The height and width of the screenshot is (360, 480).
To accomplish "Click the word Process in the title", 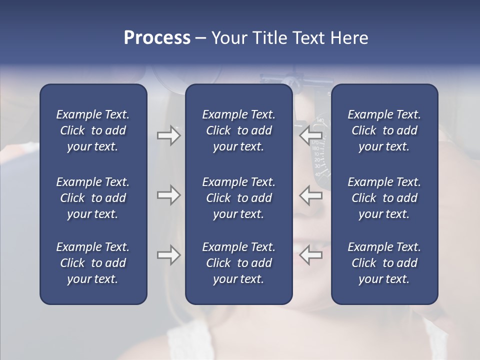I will (157, 38).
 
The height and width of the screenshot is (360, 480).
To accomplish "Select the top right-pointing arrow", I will (168, 135).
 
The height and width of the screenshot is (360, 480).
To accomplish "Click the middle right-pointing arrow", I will (168, 195).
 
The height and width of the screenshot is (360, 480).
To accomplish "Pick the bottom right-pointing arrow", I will (168, 255).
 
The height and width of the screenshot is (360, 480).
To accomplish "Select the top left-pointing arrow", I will (311, 135).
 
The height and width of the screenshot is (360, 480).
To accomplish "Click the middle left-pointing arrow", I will (311, 195).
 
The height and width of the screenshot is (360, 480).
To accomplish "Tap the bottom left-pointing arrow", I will (311, 255).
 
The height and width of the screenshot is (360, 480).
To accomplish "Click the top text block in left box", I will (93, 130).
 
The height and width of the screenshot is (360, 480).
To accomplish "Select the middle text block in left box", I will (93, 198).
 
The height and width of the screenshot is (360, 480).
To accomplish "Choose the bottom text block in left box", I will (93, 263).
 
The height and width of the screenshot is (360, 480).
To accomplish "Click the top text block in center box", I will (238, 130).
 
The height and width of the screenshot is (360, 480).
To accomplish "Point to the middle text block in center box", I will (238, 198).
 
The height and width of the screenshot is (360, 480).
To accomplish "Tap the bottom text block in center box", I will (238, 263).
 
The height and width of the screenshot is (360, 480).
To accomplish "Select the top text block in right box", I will (384, 130).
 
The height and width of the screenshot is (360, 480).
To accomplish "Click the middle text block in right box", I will (384, 198).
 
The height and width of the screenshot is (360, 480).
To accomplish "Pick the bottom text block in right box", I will (384, 263).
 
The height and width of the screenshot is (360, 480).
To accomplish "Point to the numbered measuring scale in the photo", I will (320, 150).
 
